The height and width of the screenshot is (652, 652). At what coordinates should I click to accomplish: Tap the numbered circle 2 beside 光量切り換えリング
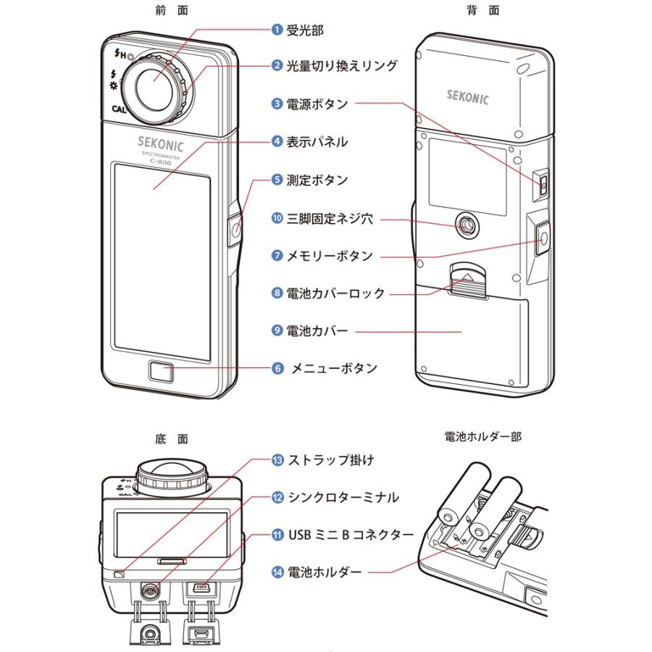tap(277, 66)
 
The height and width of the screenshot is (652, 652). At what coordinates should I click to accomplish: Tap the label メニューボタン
tap(334, 368)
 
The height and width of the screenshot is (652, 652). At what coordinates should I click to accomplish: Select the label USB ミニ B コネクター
tap(351, 535)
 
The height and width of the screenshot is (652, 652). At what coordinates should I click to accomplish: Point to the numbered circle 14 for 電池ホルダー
tap(277, 572)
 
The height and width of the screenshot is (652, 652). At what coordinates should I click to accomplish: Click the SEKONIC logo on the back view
tap(469, 93)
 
